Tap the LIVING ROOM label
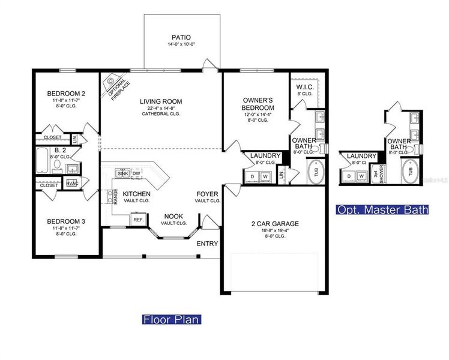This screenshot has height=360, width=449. coord(161,101)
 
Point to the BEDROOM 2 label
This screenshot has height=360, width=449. coord(67,94)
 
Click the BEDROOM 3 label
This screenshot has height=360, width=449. coord(66,221)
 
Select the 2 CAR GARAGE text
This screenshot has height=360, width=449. coord(275,224)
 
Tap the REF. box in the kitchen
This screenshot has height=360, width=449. coord(137,220)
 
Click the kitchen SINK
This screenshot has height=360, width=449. coord(123,173)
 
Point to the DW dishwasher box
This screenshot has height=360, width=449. coord(137,173)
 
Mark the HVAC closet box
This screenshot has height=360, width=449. coord(72,183)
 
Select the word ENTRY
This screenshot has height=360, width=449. coord(208,244)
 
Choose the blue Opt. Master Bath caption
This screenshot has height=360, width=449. coord(382,210)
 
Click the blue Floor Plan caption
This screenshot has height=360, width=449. coord(171,319)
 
